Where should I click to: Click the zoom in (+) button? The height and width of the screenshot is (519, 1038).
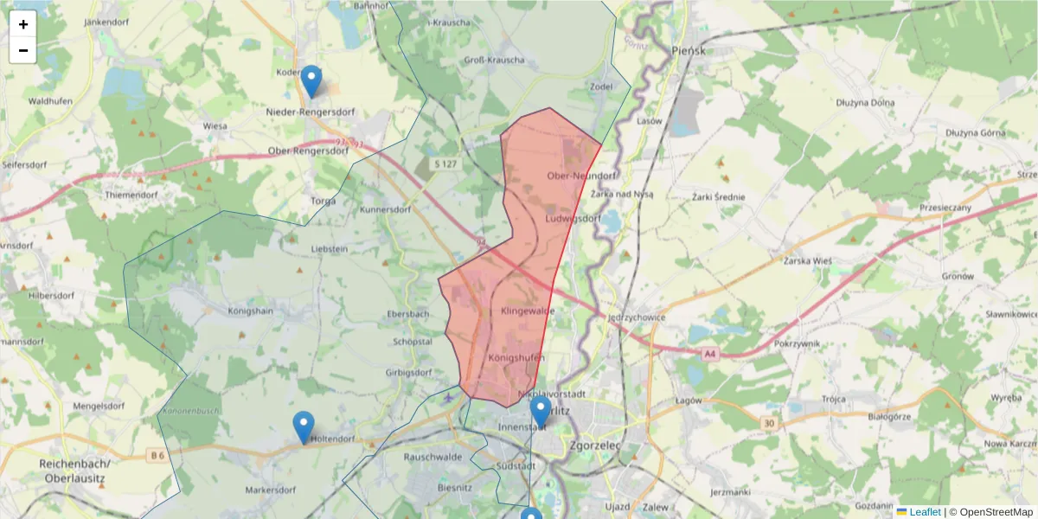[x=23, y=24]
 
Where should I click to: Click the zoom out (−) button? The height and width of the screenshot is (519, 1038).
[x=23, y=50]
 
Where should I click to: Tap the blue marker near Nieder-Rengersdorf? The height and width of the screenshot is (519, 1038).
[x=311, y=81]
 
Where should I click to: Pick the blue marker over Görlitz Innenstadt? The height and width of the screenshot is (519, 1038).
[x=540, y=412]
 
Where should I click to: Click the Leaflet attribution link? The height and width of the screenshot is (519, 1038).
[x=925, y=512]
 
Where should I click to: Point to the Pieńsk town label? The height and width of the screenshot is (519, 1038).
[x=689, y=51]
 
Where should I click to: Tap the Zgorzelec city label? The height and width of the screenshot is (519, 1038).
[x=597, y=445]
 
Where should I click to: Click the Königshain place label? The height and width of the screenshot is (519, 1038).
[x=250, y=311]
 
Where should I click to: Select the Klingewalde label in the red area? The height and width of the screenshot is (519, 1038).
[x=528, y=311]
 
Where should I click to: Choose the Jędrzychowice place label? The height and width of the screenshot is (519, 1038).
[x=637, y=317]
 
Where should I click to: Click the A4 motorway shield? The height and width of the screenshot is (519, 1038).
[x=710, y=353]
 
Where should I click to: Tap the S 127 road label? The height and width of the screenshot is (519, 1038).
[x=446, y=163]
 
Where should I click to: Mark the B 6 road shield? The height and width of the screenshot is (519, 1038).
[x=157, y=454]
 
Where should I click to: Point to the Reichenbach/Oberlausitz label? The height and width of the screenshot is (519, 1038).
[x=73, y=470]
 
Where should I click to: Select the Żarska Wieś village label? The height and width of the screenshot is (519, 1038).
[x=806, y=259]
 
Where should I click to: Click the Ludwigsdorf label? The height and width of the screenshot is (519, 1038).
[x=573, y=219]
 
